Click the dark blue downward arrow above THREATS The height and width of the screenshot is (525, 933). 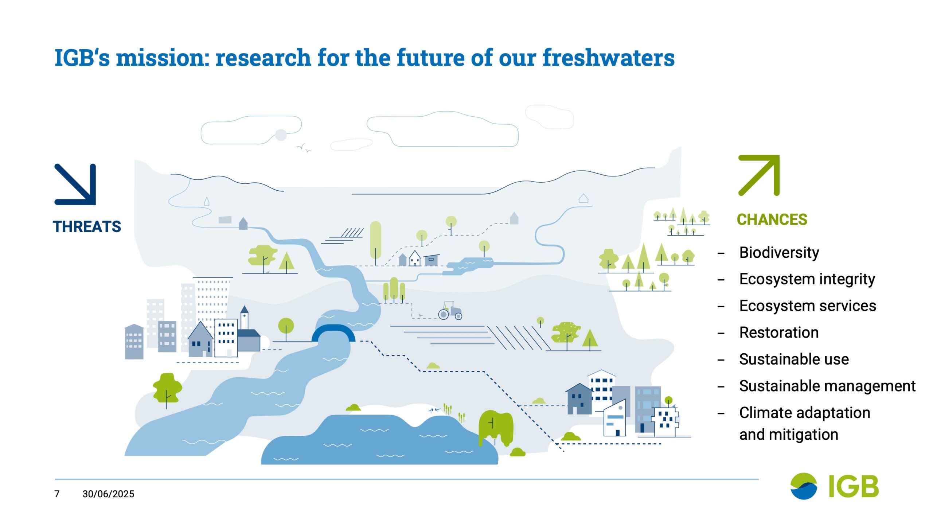tap(75, 184)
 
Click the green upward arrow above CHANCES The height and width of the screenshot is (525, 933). tap(759, 175)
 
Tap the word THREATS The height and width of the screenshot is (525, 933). tap(87, 226)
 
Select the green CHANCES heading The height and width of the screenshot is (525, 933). tap(772, 219)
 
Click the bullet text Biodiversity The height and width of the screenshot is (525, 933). tap(779, 253)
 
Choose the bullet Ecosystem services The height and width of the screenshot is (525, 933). tap(808, 306)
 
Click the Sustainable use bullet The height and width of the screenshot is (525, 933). tap(794, 359)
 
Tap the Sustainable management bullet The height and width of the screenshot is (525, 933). tap(827, 386)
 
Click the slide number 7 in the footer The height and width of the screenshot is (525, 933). tap(57, 494)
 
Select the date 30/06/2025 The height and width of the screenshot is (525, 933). tap(108, 494)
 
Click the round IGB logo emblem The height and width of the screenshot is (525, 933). tap(803, 486)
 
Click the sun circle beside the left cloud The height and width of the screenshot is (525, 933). tap(281, 135)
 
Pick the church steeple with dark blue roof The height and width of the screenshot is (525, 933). tap(244, 317)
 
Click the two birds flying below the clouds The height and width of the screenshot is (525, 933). tap(304, 148)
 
